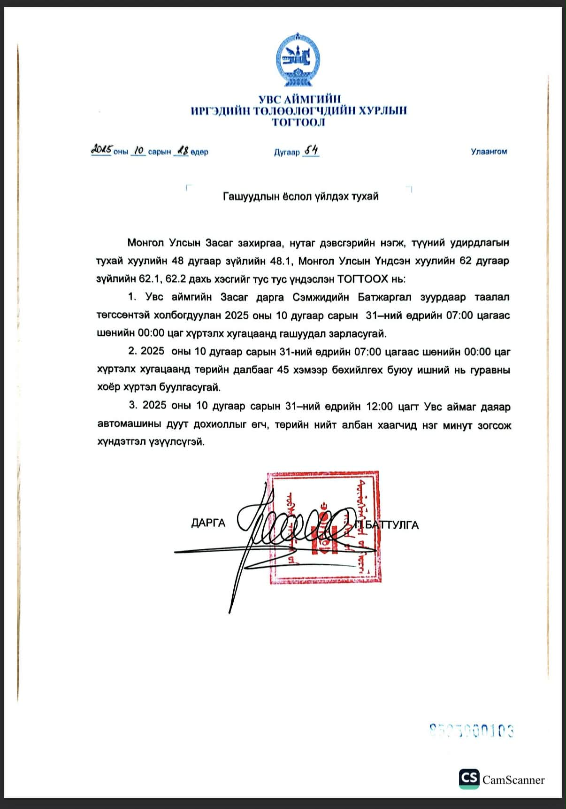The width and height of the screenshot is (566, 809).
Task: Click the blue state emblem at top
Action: pyautogui.click(x=298, y=60)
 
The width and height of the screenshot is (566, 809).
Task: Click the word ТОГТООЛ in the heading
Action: pyautogui.click(x=298, y=123)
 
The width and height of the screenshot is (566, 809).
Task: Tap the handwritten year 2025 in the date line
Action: pyautogui.click(x=101, y=150)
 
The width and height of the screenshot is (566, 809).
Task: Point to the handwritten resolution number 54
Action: pyautogui.click(x=311, y=150)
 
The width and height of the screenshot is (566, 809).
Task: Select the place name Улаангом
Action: pyautogui.click(x=489, y=152)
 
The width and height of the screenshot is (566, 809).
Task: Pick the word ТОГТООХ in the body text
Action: pyautogui.click(x=363, y=279)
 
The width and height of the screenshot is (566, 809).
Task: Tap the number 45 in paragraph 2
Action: pyautogui.click(x=283, y=370)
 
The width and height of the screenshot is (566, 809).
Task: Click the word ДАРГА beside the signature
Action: pyautogui.click(x=208, y=523)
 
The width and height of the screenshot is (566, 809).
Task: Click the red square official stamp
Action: pyautogui.click(x=324, y=527)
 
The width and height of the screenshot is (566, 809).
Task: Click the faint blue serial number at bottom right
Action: pyautogui.click(x=472, y=731)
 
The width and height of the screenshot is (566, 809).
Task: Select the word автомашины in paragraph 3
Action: pyautogui.click(x=129, y=424)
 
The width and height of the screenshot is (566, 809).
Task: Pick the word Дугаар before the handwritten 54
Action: pyautogui.click(x=287, y=152)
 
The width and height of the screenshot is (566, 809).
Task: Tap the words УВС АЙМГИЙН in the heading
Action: pyautogui.click(x=299, y=99)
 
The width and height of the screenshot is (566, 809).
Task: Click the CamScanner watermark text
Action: pyautogui.click(x=513, y=780)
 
